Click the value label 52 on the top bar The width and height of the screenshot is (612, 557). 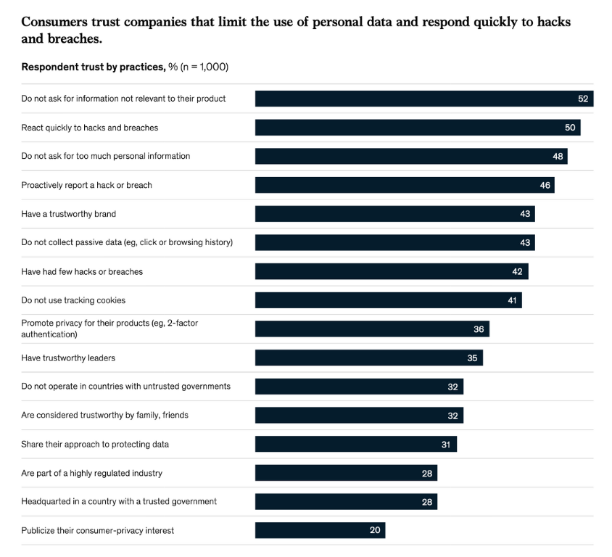coord(583,99)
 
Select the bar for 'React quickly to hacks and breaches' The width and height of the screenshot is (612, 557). coord(417,128)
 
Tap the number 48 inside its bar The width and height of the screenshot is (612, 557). coord(558,156)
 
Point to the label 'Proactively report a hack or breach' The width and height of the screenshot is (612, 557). coord(86,185)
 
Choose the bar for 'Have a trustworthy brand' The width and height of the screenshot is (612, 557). coord(394,214)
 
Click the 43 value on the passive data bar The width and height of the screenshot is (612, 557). coord(525,242)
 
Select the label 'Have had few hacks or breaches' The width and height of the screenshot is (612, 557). coord(82,271)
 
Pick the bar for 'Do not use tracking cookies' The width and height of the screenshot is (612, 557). coord(388,300)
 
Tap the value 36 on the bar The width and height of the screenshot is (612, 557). coord(479,329)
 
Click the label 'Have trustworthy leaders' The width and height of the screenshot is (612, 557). coord(68,358)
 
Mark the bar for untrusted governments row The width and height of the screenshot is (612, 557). coord(359,387)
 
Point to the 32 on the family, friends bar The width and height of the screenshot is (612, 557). coord(452,416)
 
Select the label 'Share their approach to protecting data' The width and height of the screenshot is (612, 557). coord(95,444)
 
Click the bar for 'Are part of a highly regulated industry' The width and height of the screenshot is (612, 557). coord(346,473)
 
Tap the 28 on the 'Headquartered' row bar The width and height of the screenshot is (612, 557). coord(427,502)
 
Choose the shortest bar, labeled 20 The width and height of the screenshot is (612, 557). coord(320,530)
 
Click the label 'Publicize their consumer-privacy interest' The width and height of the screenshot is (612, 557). coord(98,530)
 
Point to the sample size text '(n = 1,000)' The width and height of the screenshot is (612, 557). coord(204,67)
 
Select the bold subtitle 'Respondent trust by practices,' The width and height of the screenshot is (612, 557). coord(93,67)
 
